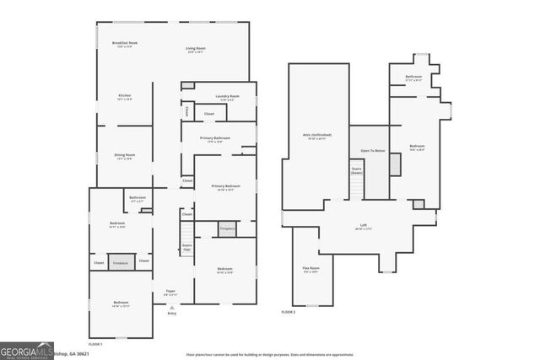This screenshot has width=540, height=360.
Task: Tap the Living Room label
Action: (x=196, y=50)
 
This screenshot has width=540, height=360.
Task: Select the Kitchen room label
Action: (x=124, y=97)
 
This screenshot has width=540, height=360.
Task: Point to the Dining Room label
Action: (x=125, y=156)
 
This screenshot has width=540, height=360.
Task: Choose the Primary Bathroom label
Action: (x=215, y=139)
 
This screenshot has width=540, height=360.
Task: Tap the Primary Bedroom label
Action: (x=223, y=187)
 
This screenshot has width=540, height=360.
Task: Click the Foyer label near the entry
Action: (x=170, y=292)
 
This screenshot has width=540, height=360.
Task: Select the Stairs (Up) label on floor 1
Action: (x=186, y=247)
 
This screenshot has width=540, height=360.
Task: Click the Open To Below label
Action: (x=373, y=150)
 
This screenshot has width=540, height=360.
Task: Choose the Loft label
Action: (x=363, y=226)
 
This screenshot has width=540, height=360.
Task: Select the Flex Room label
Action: (x=311, y=270)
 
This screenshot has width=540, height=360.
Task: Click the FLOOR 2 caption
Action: (x=289, y=312)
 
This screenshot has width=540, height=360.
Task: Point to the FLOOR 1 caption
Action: (x=95, y=343)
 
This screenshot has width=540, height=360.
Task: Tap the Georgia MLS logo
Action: (x=26, y=350)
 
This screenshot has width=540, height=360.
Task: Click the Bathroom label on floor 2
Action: (x=413, y=78)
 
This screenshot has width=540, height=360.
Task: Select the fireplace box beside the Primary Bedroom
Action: (x=227, y=228)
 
